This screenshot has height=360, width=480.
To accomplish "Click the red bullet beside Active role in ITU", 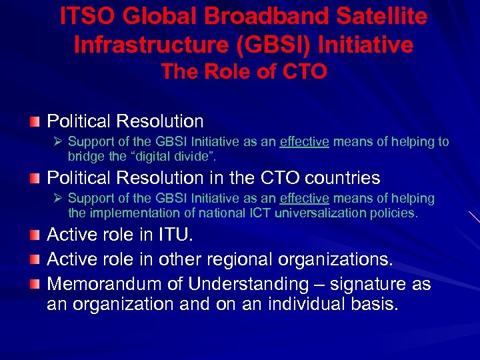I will (x=34, y=235).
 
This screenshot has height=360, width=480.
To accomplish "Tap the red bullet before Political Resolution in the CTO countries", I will (x=34, y=179).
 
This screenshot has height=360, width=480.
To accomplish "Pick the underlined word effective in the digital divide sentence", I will (x=304, y=142).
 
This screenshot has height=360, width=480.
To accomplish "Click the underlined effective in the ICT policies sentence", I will (x=304, y=199).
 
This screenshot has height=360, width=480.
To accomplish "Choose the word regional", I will (x=241, y=259).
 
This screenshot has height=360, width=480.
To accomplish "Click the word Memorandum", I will (x=107, y=284).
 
